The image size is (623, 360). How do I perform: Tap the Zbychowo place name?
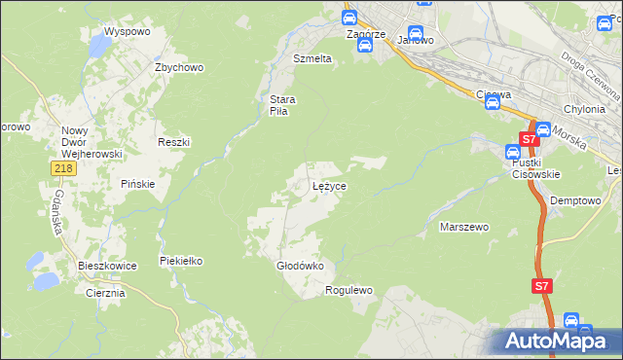pos(178,67)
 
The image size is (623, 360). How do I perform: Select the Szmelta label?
pos(312,58)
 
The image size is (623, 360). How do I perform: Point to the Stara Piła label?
pos(282,105)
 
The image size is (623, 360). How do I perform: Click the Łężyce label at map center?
pos(329,185)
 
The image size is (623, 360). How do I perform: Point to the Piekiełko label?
pos(180,261)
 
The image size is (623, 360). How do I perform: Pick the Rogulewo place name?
pos(349,290)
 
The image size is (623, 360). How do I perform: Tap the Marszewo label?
pos(464,227)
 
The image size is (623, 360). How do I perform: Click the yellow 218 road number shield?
pos(63,169)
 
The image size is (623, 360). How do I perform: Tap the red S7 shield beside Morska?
pos(528,140)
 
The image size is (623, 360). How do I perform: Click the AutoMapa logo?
pos(560,342)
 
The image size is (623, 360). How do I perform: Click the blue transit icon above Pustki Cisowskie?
pos(512,152)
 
